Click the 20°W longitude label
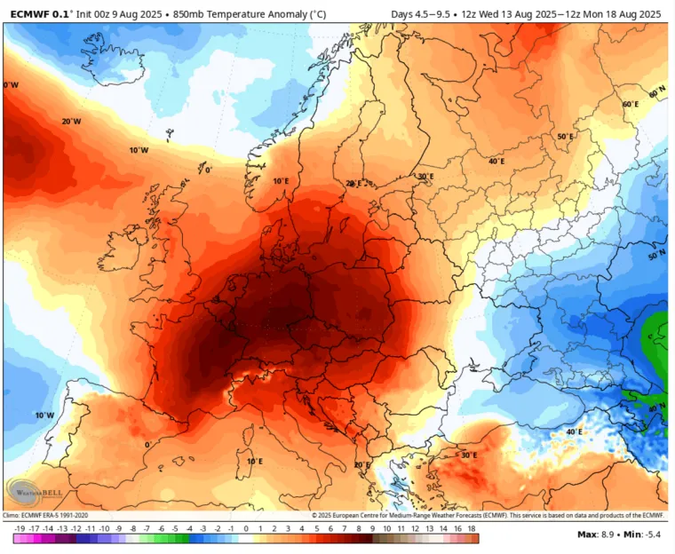coord(72,121)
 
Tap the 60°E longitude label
coord(630,104)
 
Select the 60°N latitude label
coord(656,92)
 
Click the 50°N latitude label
coord(657,255)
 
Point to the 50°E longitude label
coord(565,137)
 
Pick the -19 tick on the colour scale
coord(20,528)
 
